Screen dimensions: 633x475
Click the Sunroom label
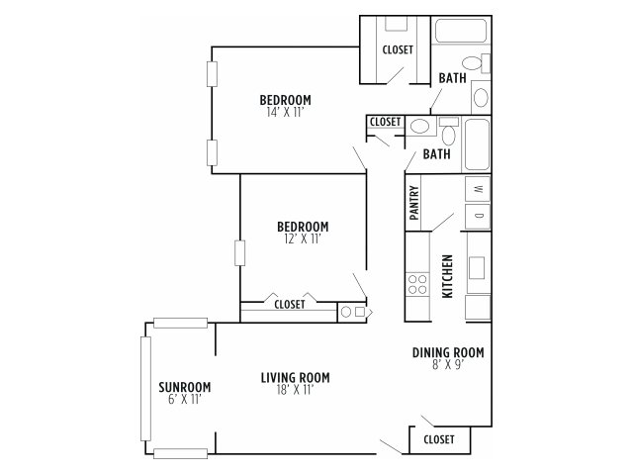tap(185, 387)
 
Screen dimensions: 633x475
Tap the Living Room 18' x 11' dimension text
tap(296, 390)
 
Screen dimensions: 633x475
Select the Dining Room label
tap(448, 352)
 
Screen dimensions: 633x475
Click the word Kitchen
tap(447, 276)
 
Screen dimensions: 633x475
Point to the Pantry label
tap(414, 202)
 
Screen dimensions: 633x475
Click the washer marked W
tap(478, 189)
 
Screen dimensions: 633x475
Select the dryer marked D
tap(478, 216)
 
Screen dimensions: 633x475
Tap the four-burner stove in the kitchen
tap(417, 284)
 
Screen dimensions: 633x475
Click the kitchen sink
tap(477, 268)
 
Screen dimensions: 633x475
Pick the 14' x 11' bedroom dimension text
tap(285, 112)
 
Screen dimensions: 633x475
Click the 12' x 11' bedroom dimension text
tap(303, 239)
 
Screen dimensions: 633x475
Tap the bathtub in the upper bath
tap(461, 31)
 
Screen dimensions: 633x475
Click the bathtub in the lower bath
tap(477, 144)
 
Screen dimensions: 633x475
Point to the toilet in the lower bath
tap(448, 132)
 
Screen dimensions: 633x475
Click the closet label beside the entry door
tap(439, 439)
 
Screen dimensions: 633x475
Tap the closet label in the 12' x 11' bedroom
tap(290, 304)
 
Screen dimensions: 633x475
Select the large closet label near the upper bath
tap(398, 49)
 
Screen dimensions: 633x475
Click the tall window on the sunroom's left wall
tap(145, 389)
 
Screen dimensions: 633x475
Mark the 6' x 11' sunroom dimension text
tap(185, 400)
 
